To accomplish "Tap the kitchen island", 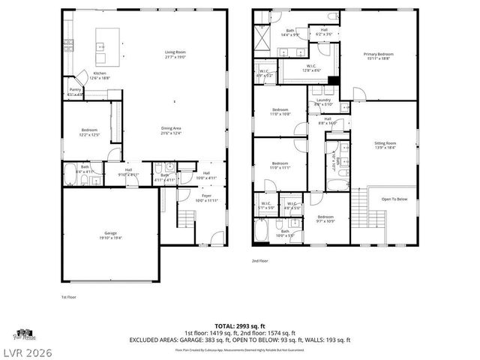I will pos(101,48).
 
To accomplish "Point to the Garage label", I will pos(110,235).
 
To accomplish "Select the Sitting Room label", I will pos(385,144).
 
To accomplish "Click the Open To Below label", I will pos(394,199).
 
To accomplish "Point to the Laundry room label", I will pos(323,101).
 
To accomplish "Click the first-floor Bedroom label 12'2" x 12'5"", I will pos(89,132).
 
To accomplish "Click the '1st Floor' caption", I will pos(68,297).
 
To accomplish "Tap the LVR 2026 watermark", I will pos(27,350).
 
